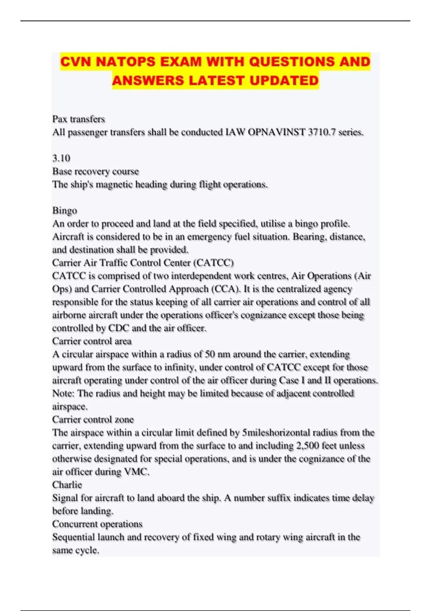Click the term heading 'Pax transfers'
tap(79, 119)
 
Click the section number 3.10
tap(61, 158)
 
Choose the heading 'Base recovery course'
tap(96, 171)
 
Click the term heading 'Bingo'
tap(65, 211)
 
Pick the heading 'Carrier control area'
tap(92, 341)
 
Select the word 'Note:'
tap(63, 394)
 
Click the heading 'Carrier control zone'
tap(93, 419)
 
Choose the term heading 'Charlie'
tap(67, 485)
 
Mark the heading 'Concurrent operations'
tap(97, 524)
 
